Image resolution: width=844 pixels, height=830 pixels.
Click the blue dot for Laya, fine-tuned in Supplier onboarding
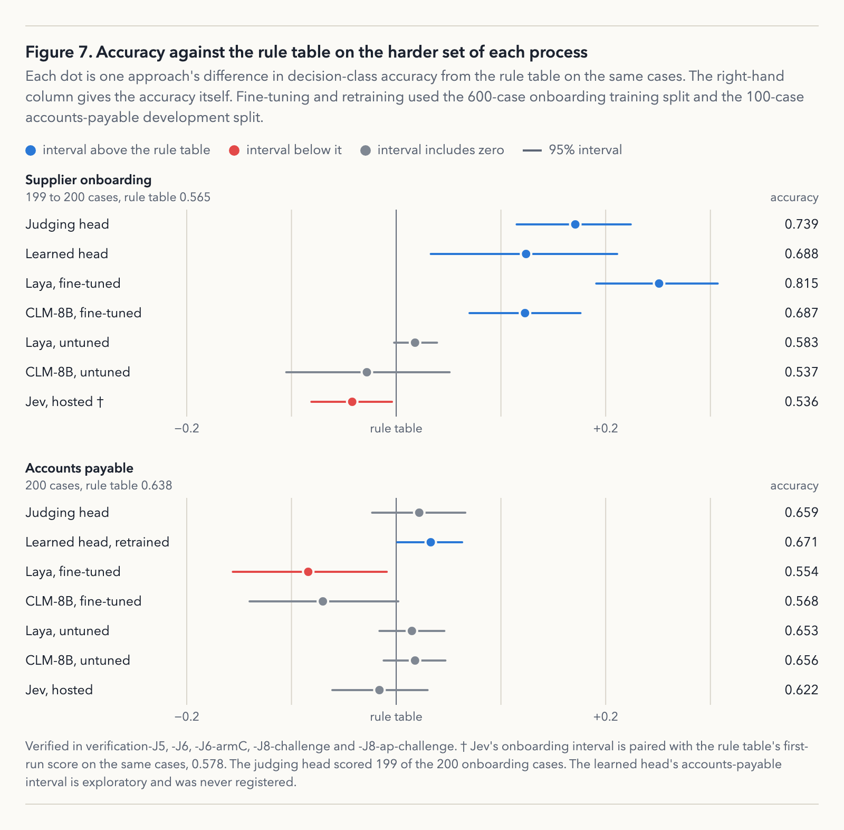point(659,284)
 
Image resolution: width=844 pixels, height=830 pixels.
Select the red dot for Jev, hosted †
point(352,402)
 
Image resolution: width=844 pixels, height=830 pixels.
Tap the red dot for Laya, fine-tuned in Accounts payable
point(309,572)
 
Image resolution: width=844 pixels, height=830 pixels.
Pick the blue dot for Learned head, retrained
point(431,542)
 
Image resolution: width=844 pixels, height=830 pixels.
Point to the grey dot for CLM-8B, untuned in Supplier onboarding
point(367,372)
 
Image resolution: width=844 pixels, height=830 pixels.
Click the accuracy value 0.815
point(801,284)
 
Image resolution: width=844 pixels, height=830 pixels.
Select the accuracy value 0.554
point(801,572)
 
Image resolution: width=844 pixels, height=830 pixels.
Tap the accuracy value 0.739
point(801,224)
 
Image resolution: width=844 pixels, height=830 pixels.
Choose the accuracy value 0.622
point(801,690)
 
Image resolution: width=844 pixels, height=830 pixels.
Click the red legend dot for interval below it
point(234,150)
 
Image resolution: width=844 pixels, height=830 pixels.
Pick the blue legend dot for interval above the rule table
point(31,150)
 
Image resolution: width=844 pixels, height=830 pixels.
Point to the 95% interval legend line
point(532,150)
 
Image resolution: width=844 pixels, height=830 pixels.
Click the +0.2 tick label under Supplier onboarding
point(606,428)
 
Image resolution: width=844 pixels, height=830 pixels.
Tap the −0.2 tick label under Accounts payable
point(187,716)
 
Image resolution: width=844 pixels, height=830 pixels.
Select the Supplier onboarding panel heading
point(89,180)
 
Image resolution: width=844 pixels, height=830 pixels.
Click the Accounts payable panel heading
point(79,468)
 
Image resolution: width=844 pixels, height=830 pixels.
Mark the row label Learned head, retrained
point(98,542)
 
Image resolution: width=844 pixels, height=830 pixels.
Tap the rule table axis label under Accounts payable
point(396,716)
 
